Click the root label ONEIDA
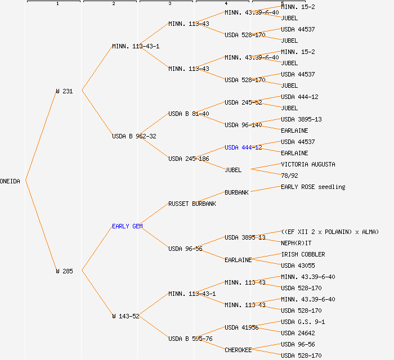click(x=10, y=181)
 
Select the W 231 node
click(x=64, y=91)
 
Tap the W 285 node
click(x=64, y=271)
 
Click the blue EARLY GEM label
click(x=127, y=226)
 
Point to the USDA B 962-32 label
click(x=134, y=136)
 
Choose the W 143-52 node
click(x=126, y=316)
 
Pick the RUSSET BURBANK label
click(x=192, y=204)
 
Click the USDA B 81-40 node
click(x=189, y=114)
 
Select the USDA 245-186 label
click(x=189, y=159)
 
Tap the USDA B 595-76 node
click(x=190, y=339)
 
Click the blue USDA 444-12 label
click(x=243, y=147)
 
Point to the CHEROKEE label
click(x=238, y=350)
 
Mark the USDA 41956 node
click(x=241, y=327)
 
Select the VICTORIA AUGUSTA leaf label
click(x=308, y=164)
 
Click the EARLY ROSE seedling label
click(x=313, y=187)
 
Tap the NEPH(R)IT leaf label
click(x=296, y=243)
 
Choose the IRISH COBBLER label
click(x=303, y=254)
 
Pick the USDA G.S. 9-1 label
click(x=303, y=322)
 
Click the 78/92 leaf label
click(x=289, y=175)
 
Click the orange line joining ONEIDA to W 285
click(x=41, y=226)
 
